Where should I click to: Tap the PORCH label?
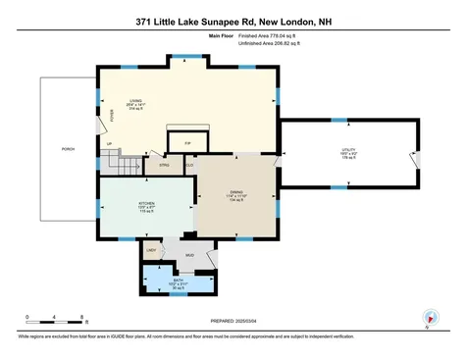(68, 149)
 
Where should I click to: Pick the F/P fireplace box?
(187, 144)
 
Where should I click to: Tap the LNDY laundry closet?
(153, 252)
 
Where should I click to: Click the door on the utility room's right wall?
(416, 159)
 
